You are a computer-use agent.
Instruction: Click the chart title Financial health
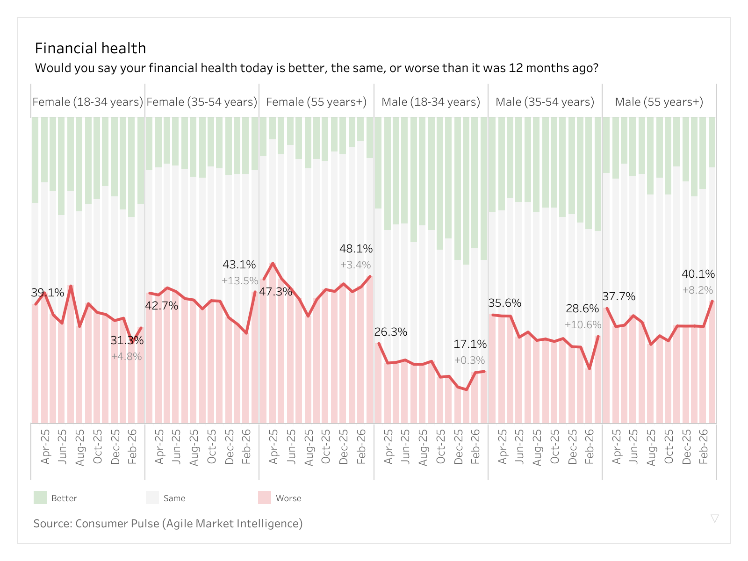point(90,48)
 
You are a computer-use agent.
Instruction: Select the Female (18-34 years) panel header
point(88,102)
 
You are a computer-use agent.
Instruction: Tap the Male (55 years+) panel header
point(659,102)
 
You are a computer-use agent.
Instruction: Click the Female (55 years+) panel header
point(316,102)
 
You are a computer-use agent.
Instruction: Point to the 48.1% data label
point(356,249)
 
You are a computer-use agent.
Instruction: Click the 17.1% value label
point(470,345)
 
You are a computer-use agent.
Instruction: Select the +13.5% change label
point(239,281)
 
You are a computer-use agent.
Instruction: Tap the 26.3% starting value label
point(390,332)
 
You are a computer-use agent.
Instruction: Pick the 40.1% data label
point(698,274)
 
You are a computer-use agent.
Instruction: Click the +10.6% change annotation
point(583,325)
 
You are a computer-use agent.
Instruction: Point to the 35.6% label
point(504,303)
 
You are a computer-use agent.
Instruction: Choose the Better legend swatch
point(40,497)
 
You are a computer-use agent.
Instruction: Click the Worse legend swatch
point(265,497)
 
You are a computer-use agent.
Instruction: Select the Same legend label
point(174,498)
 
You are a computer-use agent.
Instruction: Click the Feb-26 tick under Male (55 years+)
point(704,446)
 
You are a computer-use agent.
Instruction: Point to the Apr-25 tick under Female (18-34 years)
point(45,446)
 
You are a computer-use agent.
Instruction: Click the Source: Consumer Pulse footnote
point(168,524)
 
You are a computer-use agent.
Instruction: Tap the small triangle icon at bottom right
point(714,518)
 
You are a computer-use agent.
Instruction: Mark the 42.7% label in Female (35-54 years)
point(162,306)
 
